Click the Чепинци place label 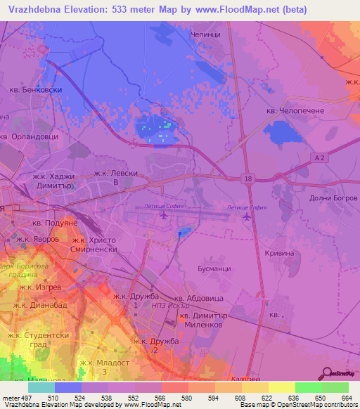point(206,33)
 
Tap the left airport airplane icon point(162,218)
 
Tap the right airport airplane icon point(247,217)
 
